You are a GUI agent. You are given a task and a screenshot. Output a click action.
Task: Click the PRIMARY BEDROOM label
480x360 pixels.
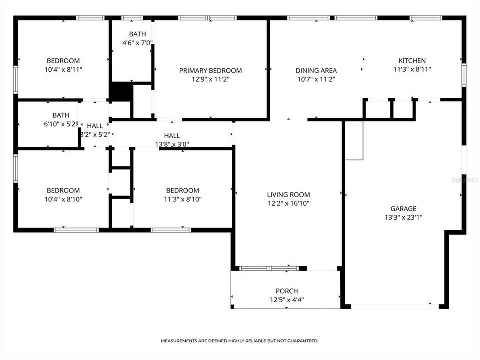210,71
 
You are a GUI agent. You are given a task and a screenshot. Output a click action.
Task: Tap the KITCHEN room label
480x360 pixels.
412,61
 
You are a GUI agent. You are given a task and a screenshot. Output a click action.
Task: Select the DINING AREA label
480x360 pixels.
316,71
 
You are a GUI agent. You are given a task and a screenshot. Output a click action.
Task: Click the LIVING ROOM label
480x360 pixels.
288,195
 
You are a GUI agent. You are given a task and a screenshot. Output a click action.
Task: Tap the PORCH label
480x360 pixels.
287,291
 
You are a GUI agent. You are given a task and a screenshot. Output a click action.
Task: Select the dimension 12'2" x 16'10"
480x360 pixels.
288,203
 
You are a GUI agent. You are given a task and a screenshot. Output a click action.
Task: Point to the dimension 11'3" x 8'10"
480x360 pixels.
182,199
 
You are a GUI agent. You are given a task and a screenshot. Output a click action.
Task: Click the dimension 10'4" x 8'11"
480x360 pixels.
63,70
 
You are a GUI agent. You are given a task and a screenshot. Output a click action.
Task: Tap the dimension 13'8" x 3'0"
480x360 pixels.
172,144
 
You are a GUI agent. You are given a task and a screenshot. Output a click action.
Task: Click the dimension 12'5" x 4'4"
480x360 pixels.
287,300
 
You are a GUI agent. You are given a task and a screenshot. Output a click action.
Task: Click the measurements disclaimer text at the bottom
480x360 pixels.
239,341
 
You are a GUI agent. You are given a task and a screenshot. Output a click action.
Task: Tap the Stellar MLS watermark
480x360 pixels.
465,179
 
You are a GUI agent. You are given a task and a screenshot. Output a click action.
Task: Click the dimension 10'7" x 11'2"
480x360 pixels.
316,79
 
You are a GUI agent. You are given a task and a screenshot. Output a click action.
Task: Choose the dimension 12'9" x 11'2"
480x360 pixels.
210,79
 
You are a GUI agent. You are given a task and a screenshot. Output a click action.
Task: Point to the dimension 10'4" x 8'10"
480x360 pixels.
63,199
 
